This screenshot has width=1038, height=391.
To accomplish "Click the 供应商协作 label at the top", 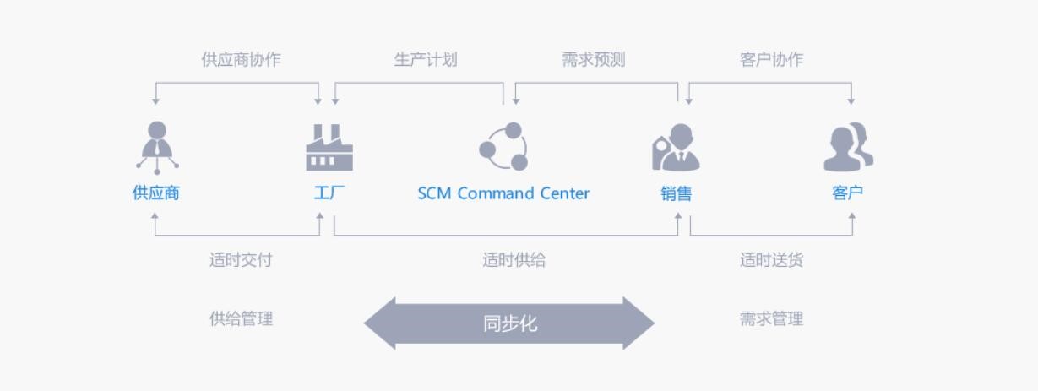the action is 241,59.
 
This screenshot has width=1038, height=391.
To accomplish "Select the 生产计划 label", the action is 426,59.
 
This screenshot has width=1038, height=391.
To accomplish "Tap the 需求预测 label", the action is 593,59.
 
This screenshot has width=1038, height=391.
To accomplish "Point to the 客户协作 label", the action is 771,59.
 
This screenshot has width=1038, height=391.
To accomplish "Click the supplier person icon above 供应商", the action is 158,147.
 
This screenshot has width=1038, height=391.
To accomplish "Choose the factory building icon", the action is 329,147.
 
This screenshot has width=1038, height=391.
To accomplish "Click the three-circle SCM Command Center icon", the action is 503,146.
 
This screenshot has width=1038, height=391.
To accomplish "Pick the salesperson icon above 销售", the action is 676,147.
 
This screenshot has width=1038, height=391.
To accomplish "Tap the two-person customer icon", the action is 849,147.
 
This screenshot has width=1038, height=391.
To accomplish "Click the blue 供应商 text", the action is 155,193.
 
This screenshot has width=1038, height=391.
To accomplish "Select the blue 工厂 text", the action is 329,193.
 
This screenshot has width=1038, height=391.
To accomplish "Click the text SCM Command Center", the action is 503,193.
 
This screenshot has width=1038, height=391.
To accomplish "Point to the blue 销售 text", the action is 676,193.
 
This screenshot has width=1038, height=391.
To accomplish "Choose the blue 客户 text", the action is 848,193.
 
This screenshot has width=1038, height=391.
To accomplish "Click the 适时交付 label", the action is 241,260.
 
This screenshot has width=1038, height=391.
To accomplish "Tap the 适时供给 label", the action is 514,260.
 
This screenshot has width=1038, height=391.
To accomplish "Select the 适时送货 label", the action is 771,260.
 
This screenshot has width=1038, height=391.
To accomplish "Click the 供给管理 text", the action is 241,318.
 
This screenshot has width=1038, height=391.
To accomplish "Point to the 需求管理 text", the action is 771,318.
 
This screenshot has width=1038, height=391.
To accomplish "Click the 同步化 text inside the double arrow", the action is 510,323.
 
